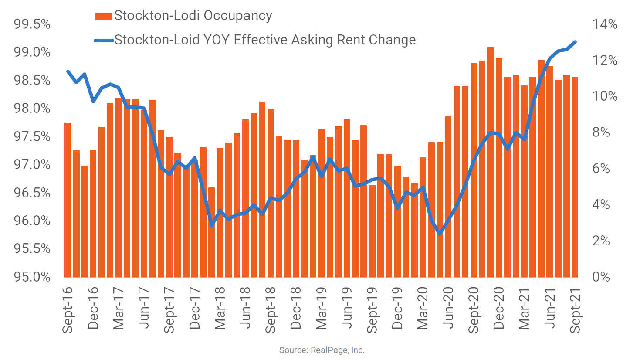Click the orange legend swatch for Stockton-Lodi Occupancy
[x=104, y=16]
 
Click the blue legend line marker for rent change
[x=104, y=41]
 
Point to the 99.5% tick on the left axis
[x=32, y=24]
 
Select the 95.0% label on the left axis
[x=32, y=277]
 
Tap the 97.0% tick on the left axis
[x=32, y=165]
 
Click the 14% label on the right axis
[x=605, y=24]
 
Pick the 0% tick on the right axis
[x=601, y=277]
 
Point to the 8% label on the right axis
[x=601, y=132]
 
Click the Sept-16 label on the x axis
[x=68, y=310]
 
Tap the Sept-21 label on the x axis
[x=575, y=310]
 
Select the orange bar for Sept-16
[x=68, y=200]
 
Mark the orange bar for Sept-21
[x=575, y=177]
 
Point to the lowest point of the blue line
[x=440, y=234]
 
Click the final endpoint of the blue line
[x=575, y=42]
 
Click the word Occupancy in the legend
[x=238, y=16]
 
